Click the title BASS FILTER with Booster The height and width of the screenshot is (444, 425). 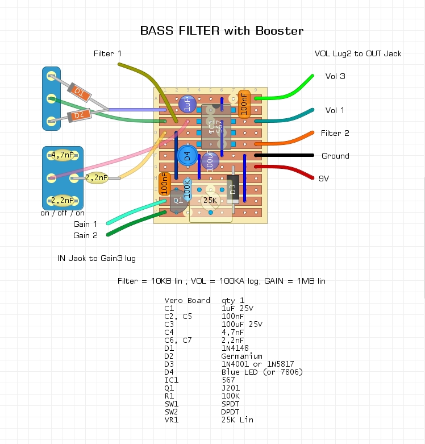(222, 31)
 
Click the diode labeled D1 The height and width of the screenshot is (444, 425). (80, 92)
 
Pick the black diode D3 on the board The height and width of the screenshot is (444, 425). (232, 189)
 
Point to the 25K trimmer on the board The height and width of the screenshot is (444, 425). (210, 200)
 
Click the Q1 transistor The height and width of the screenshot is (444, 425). (178, 201)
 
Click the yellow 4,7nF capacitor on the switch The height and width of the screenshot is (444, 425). (62, 155)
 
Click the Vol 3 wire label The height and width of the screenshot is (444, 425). (335, 76)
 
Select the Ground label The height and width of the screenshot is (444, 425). (335, 156)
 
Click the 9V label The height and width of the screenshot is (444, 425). (324, 178)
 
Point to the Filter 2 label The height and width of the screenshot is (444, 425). (335, 133)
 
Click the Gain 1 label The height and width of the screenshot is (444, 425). (85, 224)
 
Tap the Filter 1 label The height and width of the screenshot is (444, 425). (107, 53)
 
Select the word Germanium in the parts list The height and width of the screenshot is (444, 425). (241, 356)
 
